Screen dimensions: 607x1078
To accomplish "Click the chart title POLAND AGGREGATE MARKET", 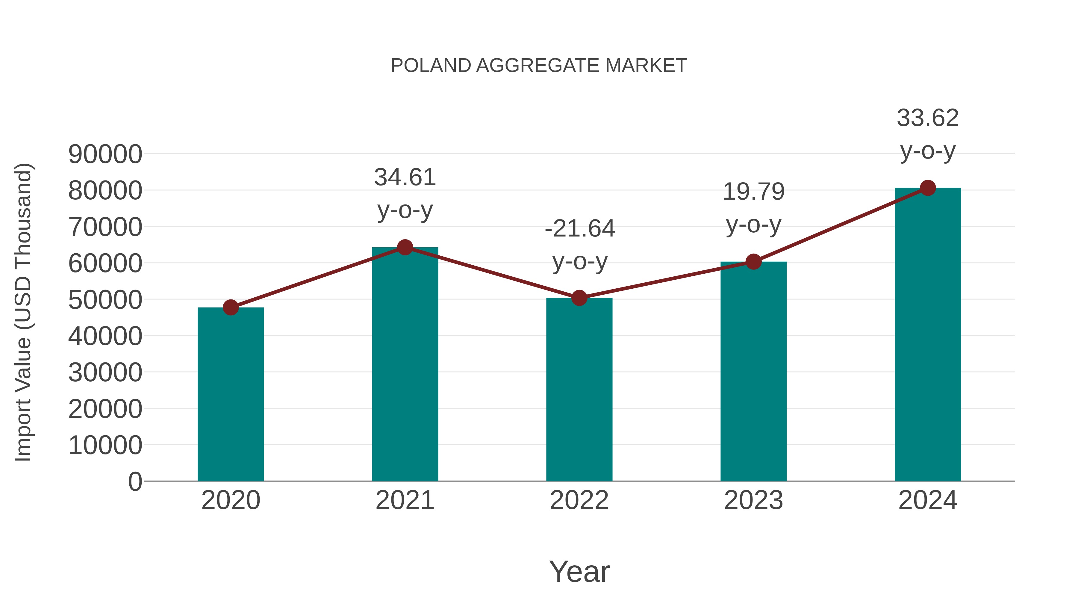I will point(539,66).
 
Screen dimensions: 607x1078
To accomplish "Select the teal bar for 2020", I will point(231,394).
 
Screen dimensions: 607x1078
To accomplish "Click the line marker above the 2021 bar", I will point(405,248).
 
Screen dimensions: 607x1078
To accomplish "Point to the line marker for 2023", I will point(753,262).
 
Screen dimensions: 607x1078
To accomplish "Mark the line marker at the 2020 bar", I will point(231,308).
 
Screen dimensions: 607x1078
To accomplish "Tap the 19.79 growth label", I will point(753,192).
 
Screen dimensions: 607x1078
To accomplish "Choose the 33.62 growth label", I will point(928,118).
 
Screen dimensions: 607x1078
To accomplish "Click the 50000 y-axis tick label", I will point(105,300).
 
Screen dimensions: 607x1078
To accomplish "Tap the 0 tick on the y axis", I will point(135,481).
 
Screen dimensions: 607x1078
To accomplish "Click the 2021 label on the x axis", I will point(405,500).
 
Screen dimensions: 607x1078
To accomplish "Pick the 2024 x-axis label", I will point(928,500).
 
